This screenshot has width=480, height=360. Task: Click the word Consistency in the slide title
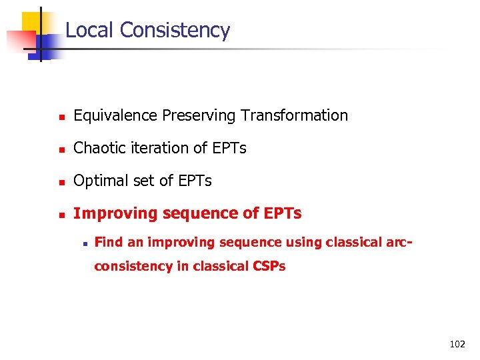pos(175,30)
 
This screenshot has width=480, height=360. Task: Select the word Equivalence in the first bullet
pos(116,115)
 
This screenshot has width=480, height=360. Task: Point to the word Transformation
pos(294,115)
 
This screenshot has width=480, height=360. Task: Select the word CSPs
pos(269,266)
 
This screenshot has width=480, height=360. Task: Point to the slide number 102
pos(457,345)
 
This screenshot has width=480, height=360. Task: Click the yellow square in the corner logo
pos(33,22)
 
